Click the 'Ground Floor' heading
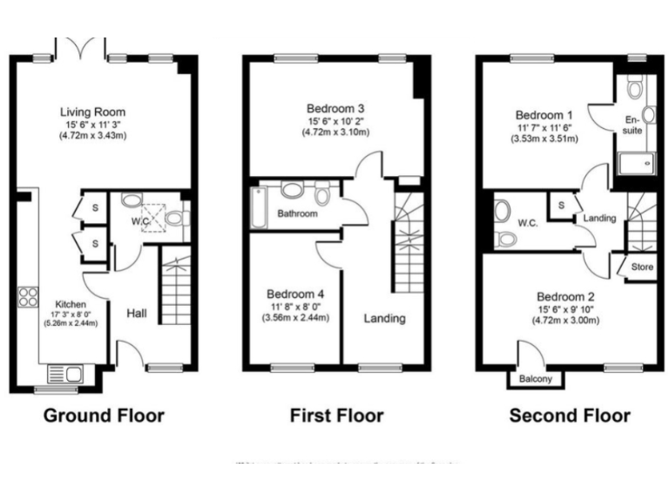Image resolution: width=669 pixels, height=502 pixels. point(103,415)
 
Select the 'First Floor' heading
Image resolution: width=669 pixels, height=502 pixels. point(336,415)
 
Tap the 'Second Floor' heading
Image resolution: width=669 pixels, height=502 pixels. point(570,415)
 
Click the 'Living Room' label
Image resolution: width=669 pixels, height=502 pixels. point(92,112)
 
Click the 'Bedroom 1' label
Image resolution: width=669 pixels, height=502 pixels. point(544,115)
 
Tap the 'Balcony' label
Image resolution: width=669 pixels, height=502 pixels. point(536,379)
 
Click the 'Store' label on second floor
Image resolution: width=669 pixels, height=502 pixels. point(641,267)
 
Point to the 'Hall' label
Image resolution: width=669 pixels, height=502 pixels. point(136,313)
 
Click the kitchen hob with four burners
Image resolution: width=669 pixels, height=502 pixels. point(26,297)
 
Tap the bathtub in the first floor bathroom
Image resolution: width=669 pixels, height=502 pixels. point(258,202)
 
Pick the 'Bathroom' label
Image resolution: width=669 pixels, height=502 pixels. point(298,214)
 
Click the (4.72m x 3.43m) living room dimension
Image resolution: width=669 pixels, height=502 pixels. point(92,136)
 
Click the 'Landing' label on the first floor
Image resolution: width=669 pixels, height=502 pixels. point(384,318)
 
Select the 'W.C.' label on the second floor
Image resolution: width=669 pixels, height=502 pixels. point(528,222)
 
